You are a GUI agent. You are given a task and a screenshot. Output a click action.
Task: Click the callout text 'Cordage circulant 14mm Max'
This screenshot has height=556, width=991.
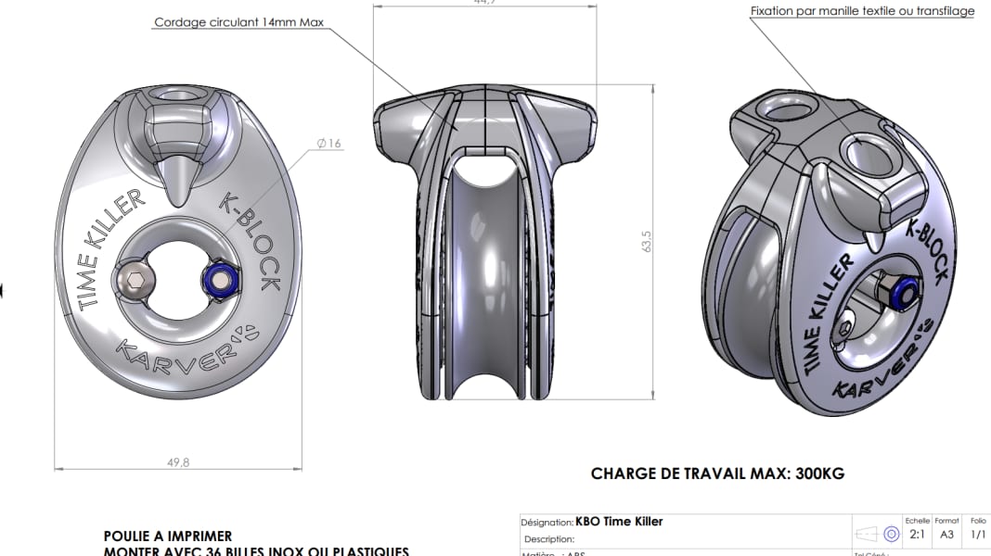[x=238, y=22]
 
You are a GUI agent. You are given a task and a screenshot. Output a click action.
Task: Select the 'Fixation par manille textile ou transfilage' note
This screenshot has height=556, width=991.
[x=862, y=11]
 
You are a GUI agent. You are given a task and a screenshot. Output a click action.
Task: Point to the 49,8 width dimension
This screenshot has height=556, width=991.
[x=177, y=462]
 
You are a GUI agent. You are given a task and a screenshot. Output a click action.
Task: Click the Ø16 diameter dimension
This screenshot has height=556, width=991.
[x=328, y=143]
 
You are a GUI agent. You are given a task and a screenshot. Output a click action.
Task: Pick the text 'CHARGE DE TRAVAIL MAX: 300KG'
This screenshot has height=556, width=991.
[x=717, y=474]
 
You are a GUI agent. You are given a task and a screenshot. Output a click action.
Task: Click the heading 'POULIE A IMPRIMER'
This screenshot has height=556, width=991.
[x=168, y=536]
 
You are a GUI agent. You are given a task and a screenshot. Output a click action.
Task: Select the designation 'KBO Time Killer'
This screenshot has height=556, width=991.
[x=619, y=522]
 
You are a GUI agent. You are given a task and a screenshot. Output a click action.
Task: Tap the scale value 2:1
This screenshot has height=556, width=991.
[x=916, y=535]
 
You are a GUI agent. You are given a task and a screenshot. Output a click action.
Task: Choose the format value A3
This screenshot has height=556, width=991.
[x=946, y=535]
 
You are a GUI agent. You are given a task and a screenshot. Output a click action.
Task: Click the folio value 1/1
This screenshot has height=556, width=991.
[x=977, y=535]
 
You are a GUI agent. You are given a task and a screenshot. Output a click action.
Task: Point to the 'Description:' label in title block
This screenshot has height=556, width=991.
[x=548, y=538]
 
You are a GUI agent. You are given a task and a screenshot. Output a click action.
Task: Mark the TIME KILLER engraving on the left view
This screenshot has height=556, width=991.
[x=110, y=248]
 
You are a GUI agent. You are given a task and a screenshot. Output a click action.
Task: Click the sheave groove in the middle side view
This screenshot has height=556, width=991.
[x=483, y=278]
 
